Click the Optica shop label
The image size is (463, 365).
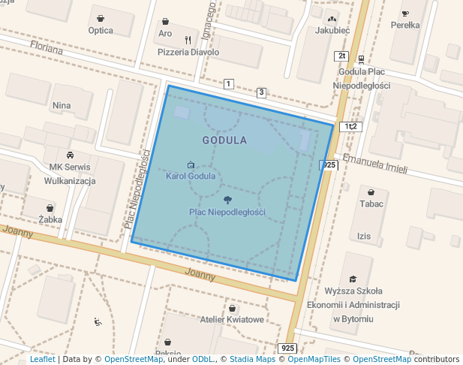tap(101, 31)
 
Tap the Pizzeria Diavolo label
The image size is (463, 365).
tap(188, 53)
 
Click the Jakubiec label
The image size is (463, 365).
tap(332, 31)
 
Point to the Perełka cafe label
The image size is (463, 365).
tap(405, 25)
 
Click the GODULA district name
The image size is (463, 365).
tap(224, 140)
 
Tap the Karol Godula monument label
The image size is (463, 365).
tap(191, 176)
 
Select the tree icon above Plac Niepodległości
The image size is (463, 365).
tap(227, 200)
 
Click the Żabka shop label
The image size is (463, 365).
tap(50, 220)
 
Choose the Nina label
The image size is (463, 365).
tap(62, 106)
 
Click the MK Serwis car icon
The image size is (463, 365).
tap(70, 155)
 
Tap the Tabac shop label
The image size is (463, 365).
tap(371, 204)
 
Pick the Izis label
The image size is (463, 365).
tap(364, 237)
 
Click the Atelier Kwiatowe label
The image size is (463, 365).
tap(232, 320)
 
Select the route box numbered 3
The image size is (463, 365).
tap(261, 92)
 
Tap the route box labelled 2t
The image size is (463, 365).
tap(341, 56)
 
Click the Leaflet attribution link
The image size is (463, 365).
tap(42, 360)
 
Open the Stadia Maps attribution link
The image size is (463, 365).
tap(252, 360)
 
